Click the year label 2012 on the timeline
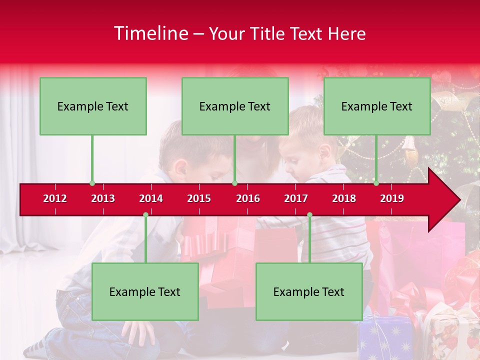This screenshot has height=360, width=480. pos(55,198)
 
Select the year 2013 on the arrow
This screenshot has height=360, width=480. pos(103,198)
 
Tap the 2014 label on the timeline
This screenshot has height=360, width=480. pos(151,198)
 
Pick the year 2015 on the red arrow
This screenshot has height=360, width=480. pos(199,198)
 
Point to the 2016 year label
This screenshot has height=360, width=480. pos(248,198)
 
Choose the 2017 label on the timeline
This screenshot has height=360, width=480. pos(296,198)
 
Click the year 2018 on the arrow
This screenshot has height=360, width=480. pos(344,198)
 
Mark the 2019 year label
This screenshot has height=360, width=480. pos(392,198)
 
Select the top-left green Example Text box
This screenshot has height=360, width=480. pos(93,106)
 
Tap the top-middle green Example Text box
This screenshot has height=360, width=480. pos(235,106)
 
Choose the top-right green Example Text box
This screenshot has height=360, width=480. pos(377,106)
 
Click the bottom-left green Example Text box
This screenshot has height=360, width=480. pos(145,291)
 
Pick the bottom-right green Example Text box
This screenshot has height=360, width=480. pos(309,291)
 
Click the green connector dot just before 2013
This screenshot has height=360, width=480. pos(92,183)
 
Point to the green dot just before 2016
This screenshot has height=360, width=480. pos(234,183)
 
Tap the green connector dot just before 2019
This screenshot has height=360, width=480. pos(376,183)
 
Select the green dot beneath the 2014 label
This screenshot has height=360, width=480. pos(145,214)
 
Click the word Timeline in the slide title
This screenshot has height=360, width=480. pos(151,33)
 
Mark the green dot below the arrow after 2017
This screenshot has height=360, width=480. pos(309,214)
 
